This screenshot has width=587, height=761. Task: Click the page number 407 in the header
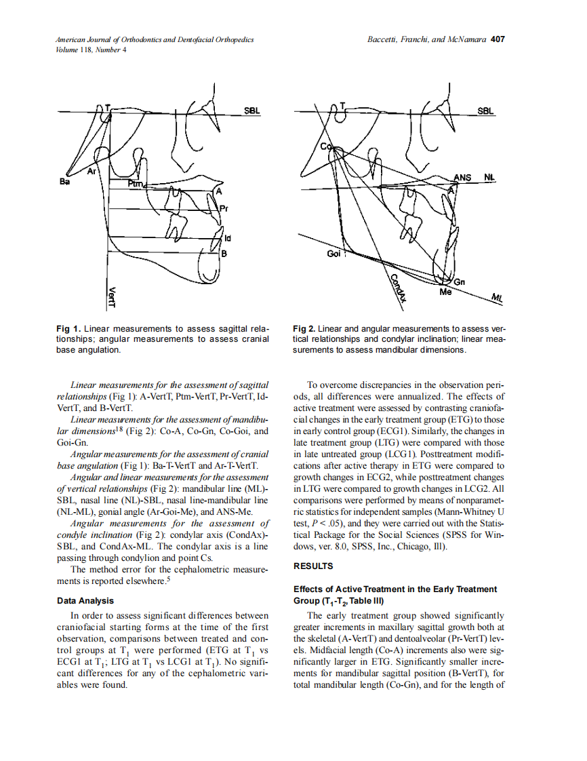tap(498, 39)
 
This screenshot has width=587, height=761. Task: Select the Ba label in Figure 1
tap(65, 182)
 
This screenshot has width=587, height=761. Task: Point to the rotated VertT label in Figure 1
tap(113, 296)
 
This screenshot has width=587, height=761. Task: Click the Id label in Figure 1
tap(228, 238)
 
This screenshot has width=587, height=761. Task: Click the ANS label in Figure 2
tap(462, 178)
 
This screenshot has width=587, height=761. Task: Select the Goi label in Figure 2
tap(333, 253)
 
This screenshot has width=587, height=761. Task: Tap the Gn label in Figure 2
tap(460, 281)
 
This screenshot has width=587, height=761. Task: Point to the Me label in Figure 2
tap(445, 292)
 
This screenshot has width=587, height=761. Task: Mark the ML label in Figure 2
tap(497, 297)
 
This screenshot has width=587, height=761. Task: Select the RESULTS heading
tap(312, 566)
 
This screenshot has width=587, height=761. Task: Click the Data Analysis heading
tap(85, 600)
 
